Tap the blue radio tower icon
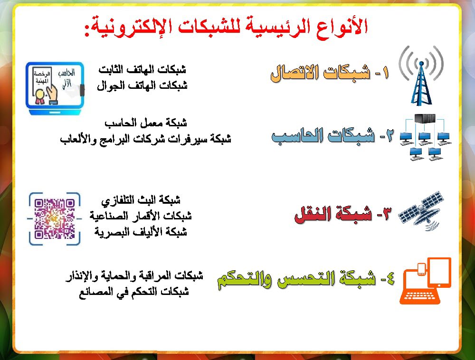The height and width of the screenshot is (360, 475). point(421,76)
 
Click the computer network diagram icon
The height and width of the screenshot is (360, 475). point(424,137)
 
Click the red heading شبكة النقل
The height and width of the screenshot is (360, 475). point(342,215)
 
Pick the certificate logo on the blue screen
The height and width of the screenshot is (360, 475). point(56,88)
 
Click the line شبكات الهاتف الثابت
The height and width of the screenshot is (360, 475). point(142,69)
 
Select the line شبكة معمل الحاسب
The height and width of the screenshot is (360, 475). point(145,123)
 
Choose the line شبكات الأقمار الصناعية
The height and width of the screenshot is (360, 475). point(141,216)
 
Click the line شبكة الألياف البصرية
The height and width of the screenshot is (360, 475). point(141,232)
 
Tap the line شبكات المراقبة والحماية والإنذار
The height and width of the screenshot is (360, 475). point(134,275)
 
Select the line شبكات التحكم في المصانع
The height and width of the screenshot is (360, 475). point(134,292)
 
